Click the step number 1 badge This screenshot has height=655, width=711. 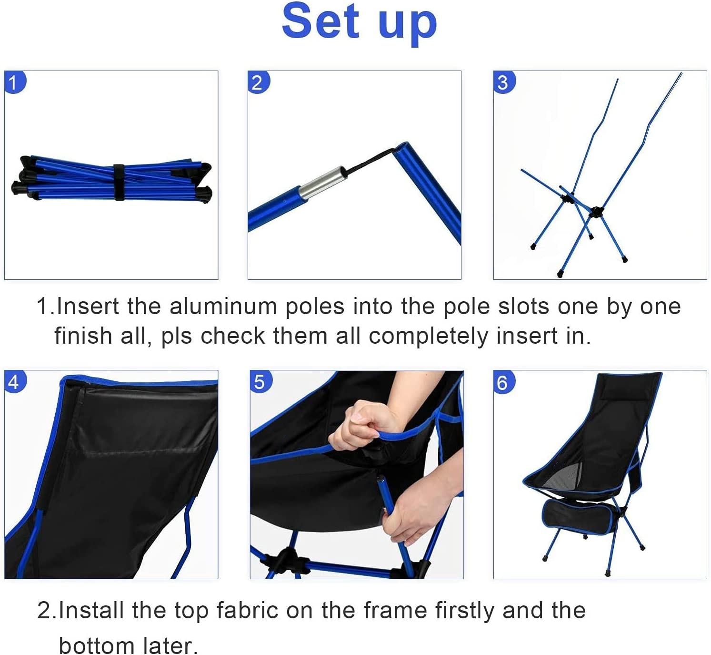coord(14,82)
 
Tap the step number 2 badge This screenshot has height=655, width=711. coord(258,82)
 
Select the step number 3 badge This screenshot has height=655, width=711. coord(503,82)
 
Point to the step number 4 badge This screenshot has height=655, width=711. coord(14,381)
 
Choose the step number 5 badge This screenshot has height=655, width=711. coord(260,381)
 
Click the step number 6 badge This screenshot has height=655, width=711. coord(503,382)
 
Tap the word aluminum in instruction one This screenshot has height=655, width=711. coord(223,306)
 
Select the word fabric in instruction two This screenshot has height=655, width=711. coord(247,610)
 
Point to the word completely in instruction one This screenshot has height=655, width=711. coord(428,336)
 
